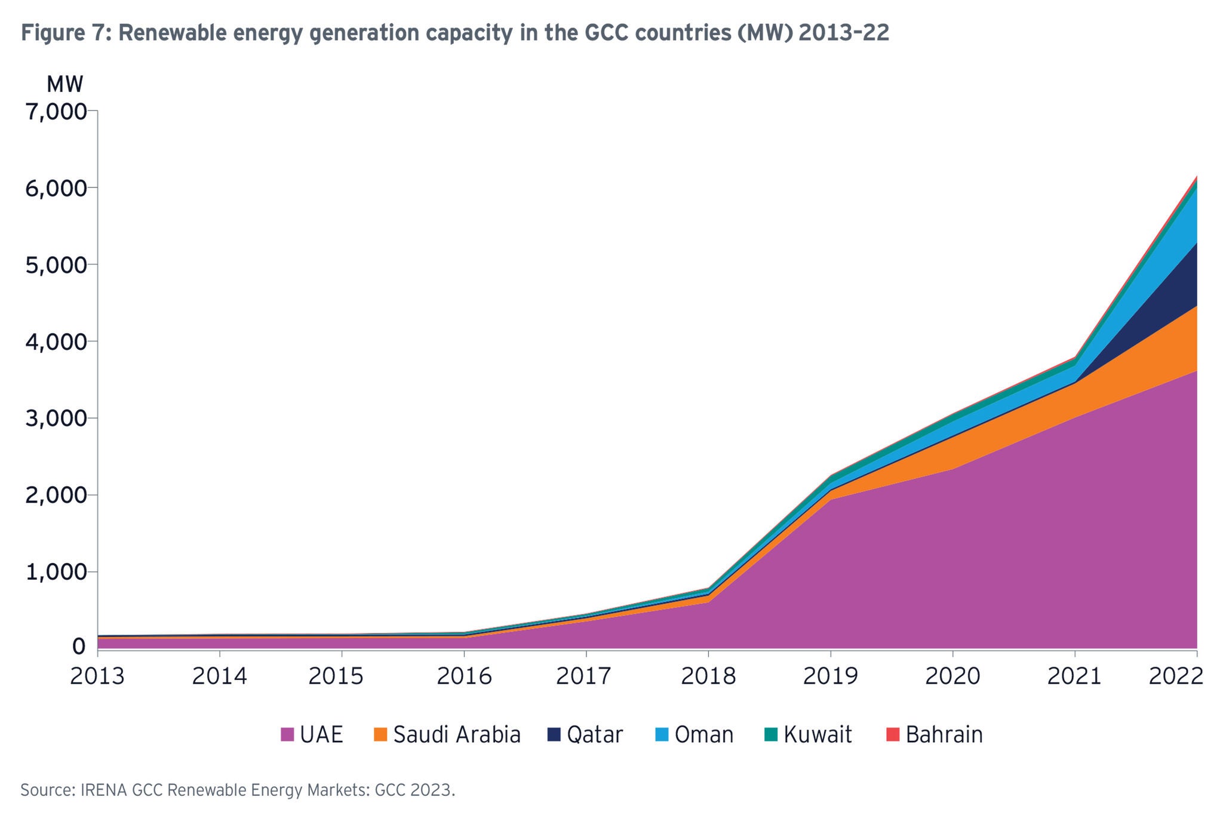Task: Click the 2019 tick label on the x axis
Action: (829, 676)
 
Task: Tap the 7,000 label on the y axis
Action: (56, 112)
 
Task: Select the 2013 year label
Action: (97, 676)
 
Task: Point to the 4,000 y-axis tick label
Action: (56, 342)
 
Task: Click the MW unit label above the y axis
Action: (64, 85)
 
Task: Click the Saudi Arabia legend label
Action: (457, 734)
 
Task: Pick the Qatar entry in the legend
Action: (595, 734)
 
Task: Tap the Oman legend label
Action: (704, 734)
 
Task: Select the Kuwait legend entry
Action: (818, 734)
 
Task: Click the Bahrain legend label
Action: (944, 734)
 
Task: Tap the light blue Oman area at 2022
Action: (1185, 221)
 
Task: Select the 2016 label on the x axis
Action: (463, 676)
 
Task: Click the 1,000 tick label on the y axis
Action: (56, 573)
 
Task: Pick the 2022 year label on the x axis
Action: (1175, 676)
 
